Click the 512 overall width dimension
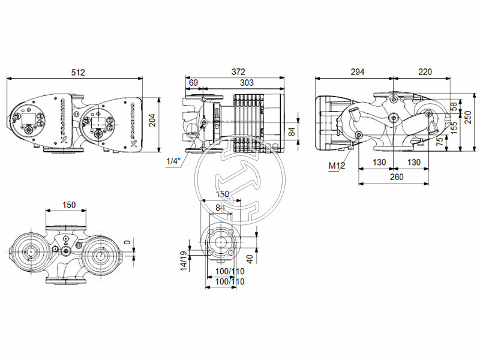tap(78, 72)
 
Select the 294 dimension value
tap(358, 72)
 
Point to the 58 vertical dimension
tap(453, 106)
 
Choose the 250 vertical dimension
tap(469, 118)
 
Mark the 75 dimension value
tap(440, 142)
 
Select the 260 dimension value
tap(396, 177)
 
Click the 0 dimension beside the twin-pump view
tap(127, 243)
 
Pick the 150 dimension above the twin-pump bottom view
tap(69, 205)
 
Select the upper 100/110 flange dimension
tap(230, 271)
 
